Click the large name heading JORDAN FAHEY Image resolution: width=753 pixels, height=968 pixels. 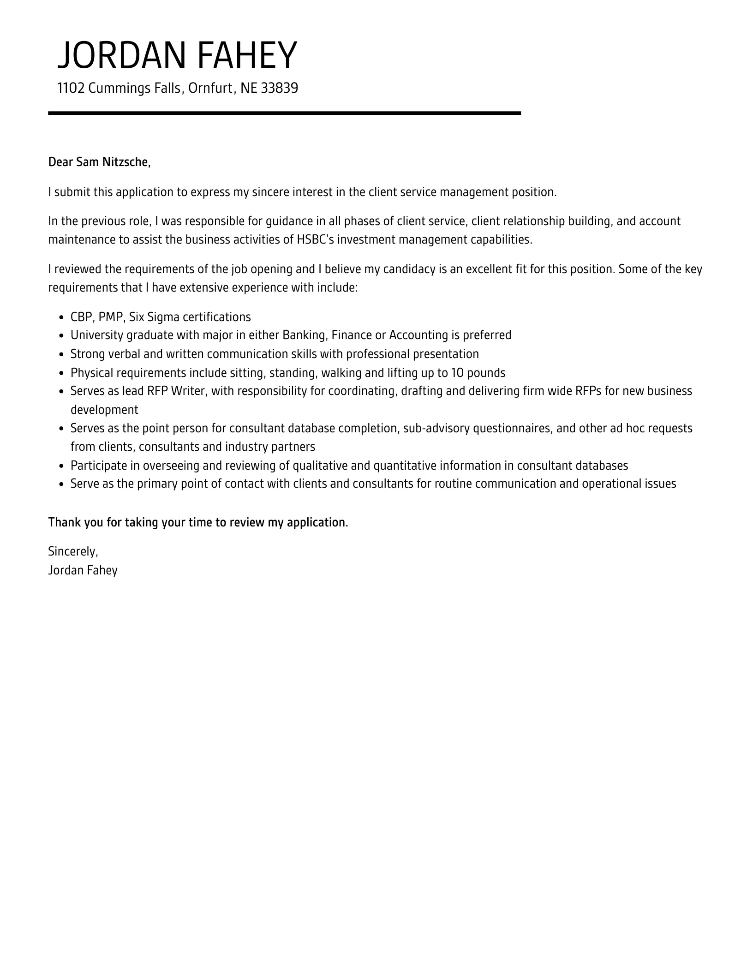pyautogui.click(x=177, y=55)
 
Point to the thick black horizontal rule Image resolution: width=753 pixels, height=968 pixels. pyautogui.click(x=284, y=113)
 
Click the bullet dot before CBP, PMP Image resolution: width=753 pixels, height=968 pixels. pyautogui.click(x=61, y=317)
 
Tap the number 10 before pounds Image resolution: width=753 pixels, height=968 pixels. pyautogui.click(x=458, y=373)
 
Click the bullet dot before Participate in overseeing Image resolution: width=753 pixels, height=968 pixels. pyautogui.click(x=61, y=466)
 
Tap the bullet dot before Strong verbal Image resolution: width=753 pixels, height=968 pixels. pyautogui.click(x=61, y=355)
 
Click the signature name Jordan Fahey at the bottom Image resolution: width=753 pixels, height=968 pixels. pyautogui.click(x=83, y=570)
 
